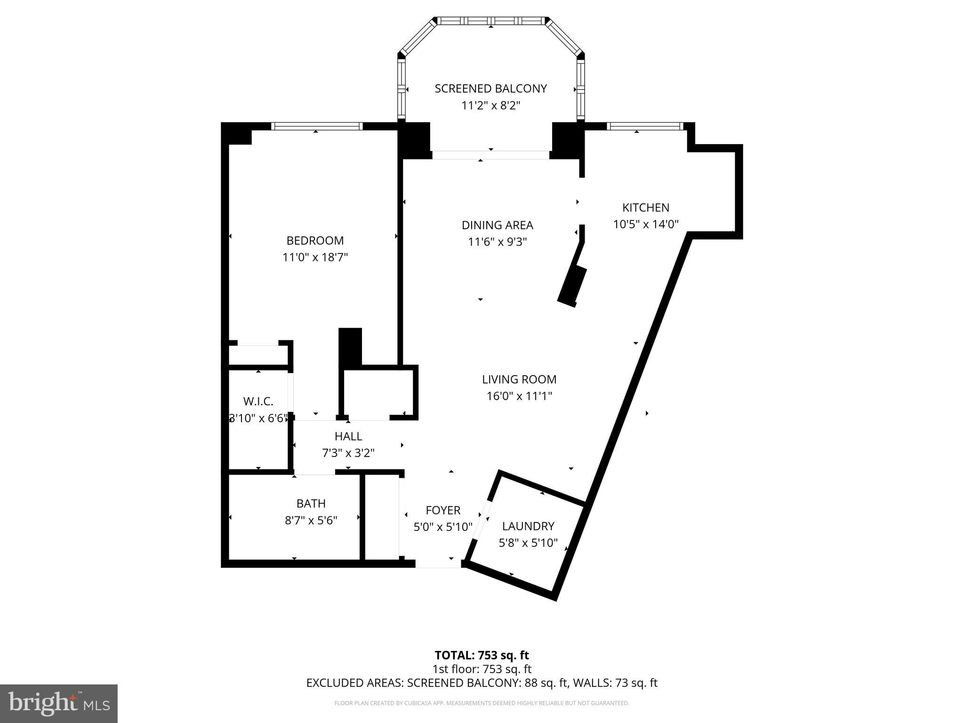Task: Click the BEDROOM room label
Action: pyautogui.click(x=315, y=241)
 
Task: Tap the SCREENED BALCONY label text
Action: pyautogui.click(x=490, y=88)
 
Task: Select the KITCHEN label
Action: pyautogui.click(x=646, y=208)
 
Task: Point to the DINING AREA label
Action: pyautogui.click(x=497, y=225)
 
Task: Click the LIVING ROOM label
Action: pyautogui.click(x=519, y=379)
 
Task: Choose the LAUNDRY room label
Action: pyautogui.click(x=528, y=526)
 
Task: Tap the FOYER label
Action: pyautogui.click(x=443, y=510)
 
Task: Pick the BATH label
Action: pyautogui.click(x=311, y=504)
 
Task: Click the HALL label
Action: pyautogui.click(x=348, y=436)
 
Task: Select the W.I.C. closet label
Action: pyautogui.click(x=258, y=402)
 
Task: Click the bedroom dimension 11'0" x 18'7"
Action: pyautogui.click(x=315, y=257)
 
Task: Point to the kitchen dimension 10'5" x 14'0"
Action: pyautogui.click(x=646, y=225)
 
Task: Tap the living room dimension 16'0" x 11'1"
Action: pyautogui.click(x=519, y=396)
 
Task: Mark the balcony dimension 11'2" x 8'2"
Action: pyautogui.click(x=490, y=105)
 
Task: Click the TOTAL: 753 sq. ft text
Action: pyautogui.click(x=482, y=655)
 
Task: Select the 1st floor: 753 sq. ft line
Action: pyautogui.click(x=482, y=669)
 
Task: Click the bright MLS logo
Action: pyautogui.click(x=59, y=704)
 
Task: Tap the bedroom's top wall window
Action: pyautogui.click(x=317, y=126)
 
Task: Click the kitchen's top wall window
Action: pyautogui.click(x=645, y=126)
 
